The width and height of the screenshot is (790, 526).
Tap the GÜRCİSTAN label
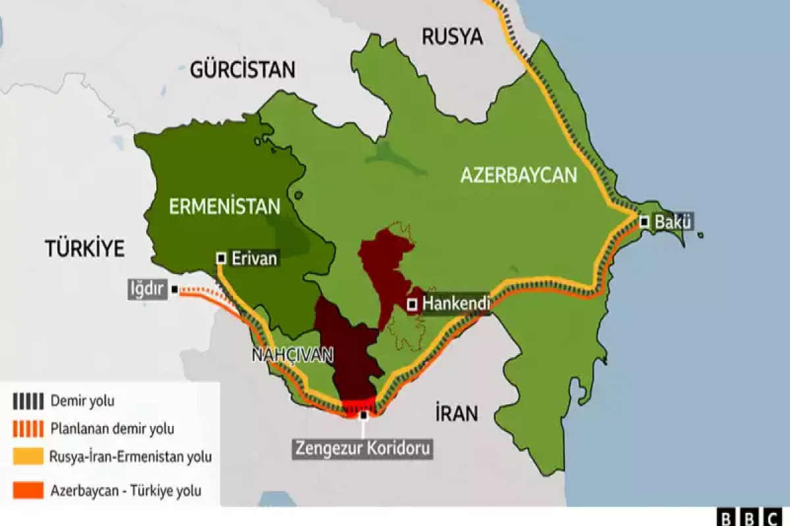[243, 69]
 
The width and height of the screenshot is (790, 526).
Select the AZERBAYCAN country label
[518, 175]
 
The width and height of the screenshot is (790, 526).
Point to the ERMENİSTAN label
[224, 206]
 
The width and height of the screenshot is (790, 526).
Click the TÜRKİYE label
[85, 249]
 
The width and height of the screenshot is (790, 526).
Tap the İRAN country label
[456, 414]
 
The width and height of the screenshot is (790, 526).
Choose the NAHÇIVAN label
[292, 355]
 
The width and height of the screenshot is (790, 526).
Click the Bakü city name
[673, 222]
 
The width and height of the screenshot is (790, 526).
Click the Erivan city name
[254, 258]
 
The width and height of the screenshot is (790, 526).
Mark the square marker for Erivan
[222, 258]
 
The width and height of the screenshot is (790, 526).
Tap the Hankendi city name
[455, 304]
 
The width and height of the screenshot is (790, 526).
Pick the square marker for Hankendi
[412, 304]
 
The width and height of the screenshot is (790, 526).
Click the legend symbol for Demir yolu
[28, 400]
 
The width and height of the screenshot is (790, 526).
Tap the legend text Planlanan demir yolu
[113, 429]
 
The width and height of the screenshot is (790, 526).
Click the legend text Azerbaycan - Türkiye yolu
[126, 490]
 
